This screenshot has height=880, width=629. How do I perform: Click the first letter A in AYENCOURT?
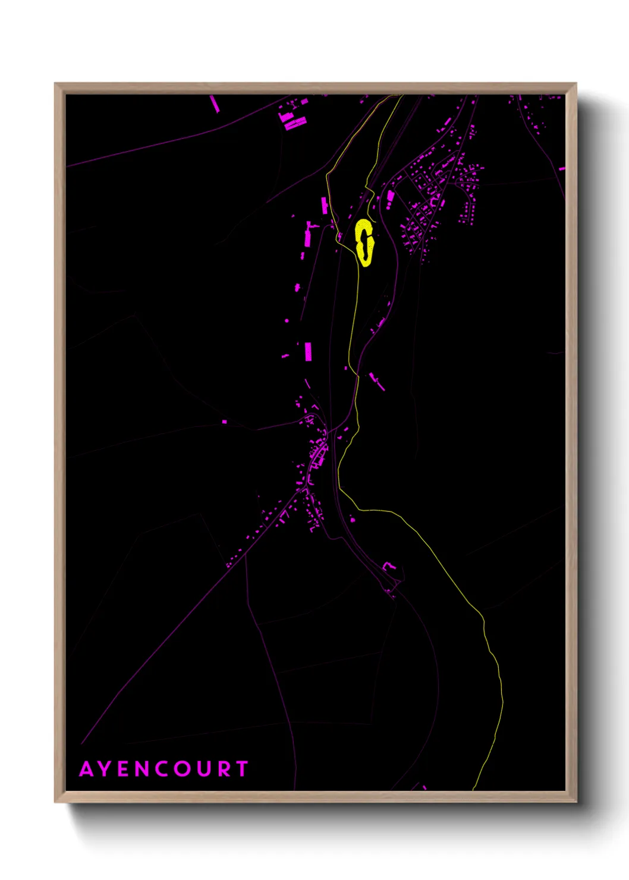87,769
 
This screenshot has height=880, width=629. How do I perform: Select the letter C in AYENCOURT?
162,769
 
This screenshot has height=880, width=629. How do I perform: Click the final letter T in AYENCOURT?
242,769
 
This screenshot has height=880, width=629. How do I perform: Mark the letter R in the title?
224,769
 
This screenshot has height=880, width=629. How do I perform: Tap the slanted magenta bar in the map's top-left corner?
215,103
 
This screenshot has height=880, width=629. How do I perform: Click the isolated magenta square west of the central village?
224,422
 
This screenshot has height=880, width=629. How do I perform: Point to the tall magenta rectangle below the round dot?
308,351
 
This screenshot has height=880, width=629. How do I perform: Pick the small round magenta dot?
287,320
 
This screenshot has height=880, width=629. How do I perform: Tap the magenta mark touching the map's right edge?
562,169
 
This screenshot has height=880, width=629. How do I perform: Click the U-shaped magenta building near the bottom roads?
388,567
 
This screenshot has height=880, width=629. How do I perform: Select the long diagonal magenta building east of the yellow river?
377,381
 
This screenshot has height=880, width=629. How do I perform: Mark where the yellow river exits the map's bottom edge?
473,788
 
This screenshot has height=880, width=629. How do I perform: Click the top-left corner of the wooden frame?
55,84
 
